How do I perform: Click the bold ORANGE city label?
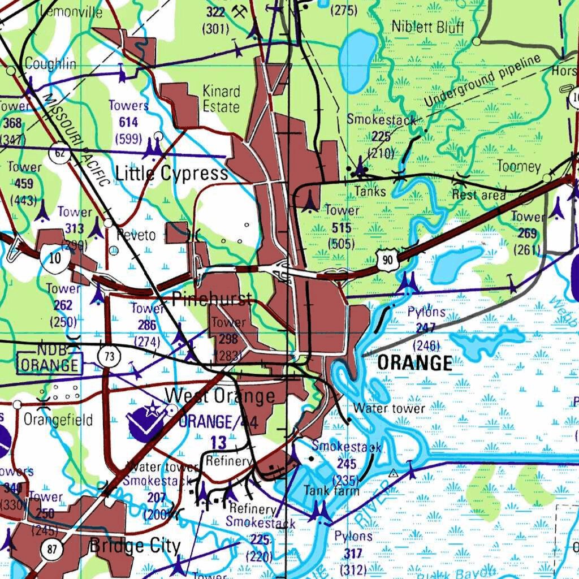tap(414, 363)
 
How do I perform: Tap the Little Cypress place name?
tap(171, 174)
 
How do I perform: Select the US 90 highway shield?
tap(387, 260)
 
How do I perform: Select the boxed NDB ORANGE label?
tap(50, 360)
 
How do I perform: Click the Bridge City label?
tap(135, 546)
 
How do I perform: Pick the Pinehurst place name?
tap(212, 299)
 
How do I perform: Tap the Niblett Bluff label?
tap(427, 27)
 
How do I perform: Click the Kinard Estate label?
tap(221, 99)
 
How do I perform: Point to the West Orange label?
tap(220, 395)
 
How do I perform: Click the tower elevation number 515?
tap(342, 227)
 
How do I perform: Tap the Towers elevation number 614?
tap(128, 122)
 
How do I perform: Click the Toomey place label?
tap(518, 166)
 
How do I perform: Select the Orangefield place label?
tap(58, 420)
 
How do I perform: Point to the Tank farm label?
tap(331, 490)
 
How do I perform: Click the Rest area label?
tap(478, 195)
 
